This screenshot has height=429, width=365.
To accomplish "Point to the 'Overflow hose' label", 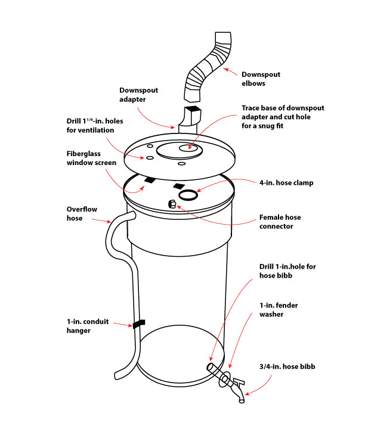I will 83,214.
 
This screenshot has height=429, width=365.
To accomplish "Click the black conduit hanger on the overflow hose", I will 138,324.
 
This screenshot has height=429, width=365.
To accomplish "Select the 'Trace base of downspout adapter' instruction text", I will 282,116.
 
